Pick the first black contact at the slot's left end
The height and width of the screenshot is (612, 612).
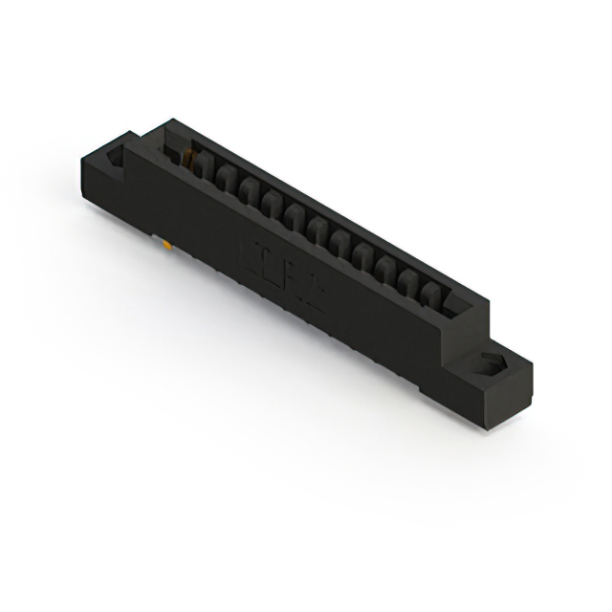[x=205, y=168]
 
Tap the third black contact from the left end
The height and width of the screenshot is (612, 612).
[x=247, y=189]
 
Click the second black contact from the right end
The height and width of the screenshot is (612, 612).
[x=410, y=276]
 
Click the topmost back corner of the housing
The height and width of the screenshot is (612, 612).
[x=170, y=120]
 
